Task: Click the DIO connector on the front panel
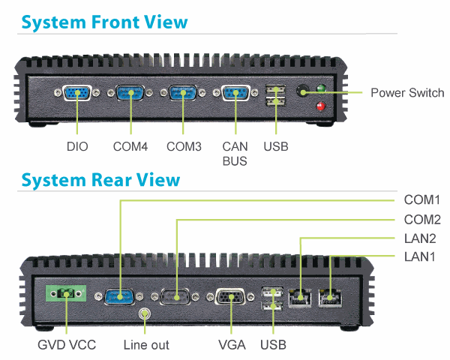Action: point(77,93)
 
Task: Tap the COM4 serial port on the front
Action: point(130,92)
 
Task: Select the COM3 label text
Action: point(184,147)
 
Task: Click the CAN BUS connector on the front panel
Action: point(235,93)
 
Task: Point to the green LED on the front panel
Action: point(321,88)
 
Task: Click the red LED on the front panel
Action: point(320,106)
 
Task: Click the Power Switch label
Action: point(407,93)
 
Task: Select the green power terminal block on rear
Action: point(66,293)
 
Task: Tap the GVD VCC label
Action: point(67,345)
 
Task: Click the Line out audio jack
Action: point(145,313)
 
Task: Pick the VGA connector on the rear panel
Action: point(230,296)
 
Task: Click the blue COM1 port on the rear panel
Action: point(119,296)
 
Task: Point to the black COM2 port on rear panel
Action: point(175,296)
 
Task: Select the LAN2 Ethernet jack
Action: point(299,298)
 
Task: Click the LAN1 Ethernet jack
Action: point(330,298)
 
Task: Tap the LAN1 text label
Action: point(419,256)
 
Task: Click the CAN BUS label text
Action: point(235,154)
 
